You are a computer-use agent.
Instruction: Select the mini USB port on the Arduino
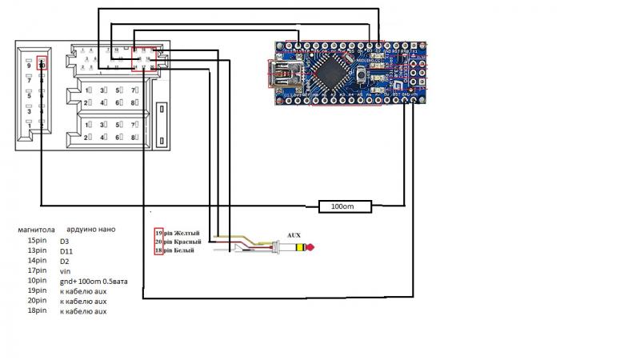point(282,74)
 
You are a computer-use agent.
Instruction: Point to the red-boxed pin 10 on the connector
point(42,63)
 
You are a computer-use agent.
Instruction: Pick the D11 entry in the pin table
point(66,250)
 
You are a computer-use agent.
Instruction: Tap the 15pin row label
point(37,240)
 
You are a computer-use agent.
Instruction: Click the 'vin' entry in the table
point(65,271)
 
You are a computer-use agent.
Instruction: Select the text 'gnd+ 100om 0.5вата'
point(91,282)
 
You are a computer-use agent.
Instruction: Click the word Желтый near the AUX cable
point(186,233)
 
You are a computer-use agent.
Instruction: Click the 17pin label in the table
point(37,271)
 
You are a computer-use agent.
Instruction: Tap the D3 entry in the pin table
point(64,240)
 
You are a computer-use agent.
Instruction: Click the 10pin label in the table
point(37,282)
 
